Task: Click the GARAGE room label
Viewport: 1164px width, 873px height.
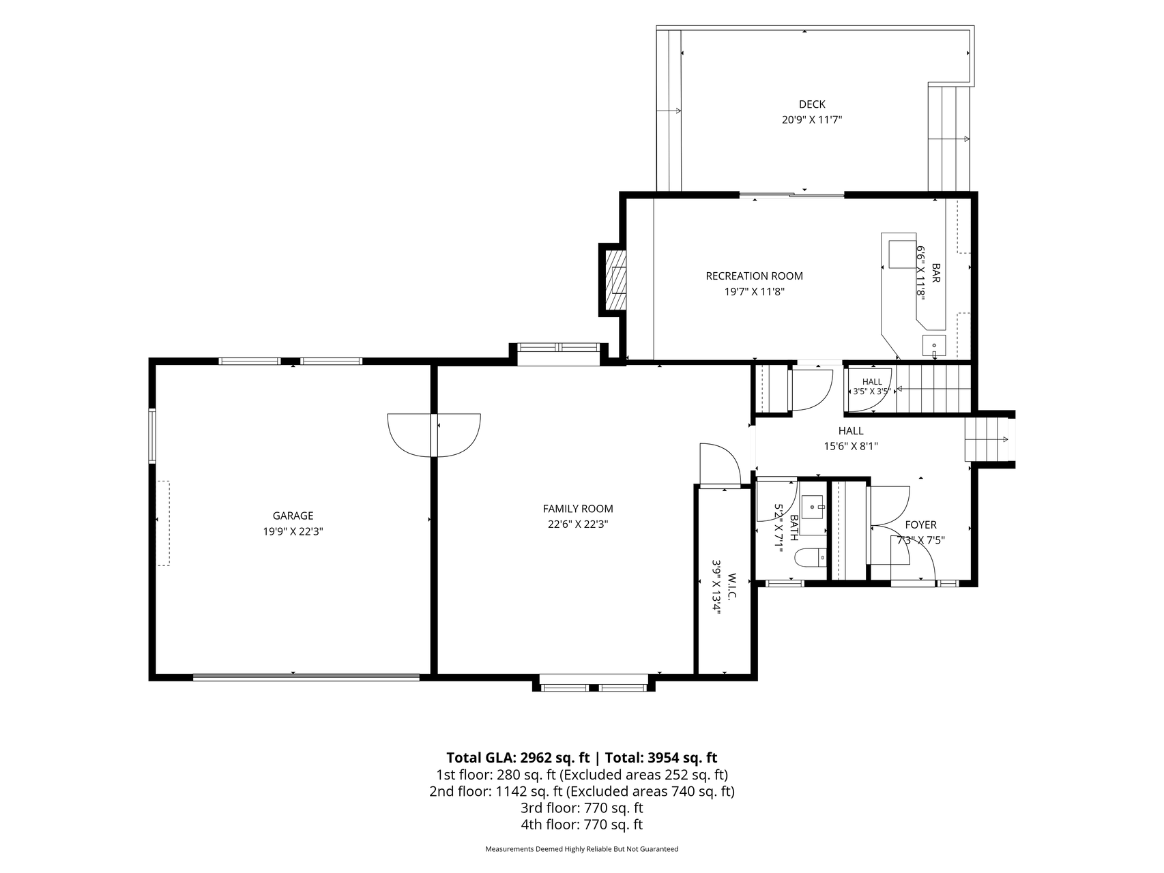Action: tap(293, 516)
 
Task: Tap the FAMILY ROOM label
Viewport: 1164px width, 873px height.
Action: tap(578, 509)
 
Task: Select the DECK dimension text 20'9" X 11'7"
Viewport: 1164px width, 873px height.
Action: tap(812, 120)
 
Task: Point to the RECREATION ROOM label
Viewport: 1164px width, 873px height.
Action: tap(754, 276)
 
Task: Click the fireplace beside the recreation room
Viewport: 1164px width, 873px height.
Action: tap(613, 280)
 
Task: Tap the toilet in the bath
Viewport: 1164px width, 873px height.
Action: tap(811, 557)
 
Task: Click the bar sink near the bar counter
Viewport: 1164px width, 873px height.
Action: tap(934, 346)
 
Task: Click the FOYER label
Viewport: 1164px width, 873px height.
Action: tap(920, 524)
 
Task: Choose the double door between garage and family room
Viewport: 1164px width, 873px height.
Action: tap(434, 435)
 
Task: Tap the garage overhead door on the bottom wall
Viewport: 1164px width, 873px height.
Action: tap(306, 677)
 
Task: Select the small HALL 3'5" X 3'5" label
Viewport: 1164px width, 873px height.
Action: tap(872, 387)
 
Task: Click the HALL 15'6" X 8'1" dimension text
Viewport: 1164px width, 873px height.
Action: tap(851, 447)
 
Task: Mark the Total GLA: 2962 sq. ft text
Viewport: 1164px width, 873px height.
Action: tap(518, 758)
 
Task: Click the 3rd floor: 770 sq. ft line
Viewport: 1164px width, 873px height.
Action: tap(582, 808)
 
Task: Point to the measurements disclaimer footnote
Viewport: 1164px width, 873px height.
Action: tap(582, 849)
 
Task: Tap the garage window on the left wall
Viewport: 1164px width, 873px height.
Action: tap(152, 436)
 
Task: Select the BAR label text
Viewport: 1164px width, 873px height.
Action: tap(936, 274)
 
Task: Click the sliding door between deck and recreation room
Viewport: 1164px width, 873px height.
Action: tap(792, 196)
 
